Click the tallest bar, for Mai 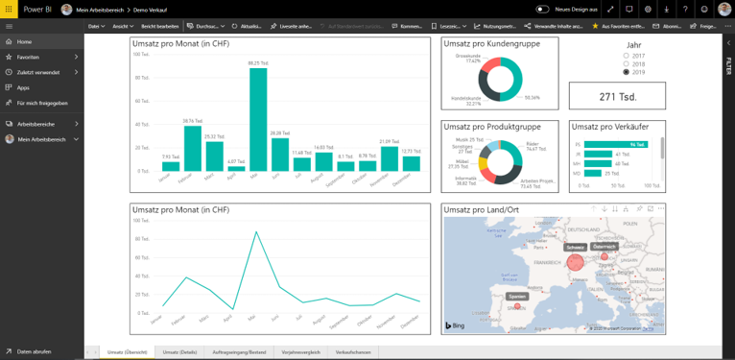[257, 120]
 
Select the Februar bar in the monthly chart [192, 149]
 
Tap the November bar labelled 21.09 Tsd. [389, 158]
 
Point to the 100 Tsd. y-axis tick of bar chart [141, 55]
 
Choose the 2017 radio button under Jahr [627, 56]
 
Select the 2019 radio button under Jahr [627, 72]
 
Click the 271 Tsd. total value [617, 96]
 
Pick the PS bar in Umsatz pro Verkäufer [610, 144]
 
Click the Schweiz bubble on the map [574, 259]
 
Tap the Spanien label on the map [517, 297]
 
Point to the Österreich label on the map [605, 247]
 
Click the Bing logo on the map [460, 327]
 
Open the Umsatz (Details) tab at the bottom [178, 352]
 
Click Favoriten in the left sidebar [29, 57]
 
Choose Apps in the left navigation [23, 87]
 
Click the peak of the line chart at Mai [256, 231]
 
